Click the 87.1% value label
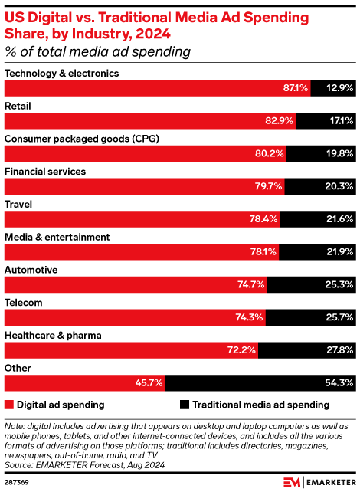295,88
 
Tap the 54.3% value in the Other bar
338,383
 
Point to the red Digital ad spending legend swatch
9,404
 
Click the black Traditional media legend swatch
185,404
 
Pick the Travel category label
18,205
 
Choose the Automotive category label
30,270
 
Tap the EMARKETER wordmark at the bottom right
329,482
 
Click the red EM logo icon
292,482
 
